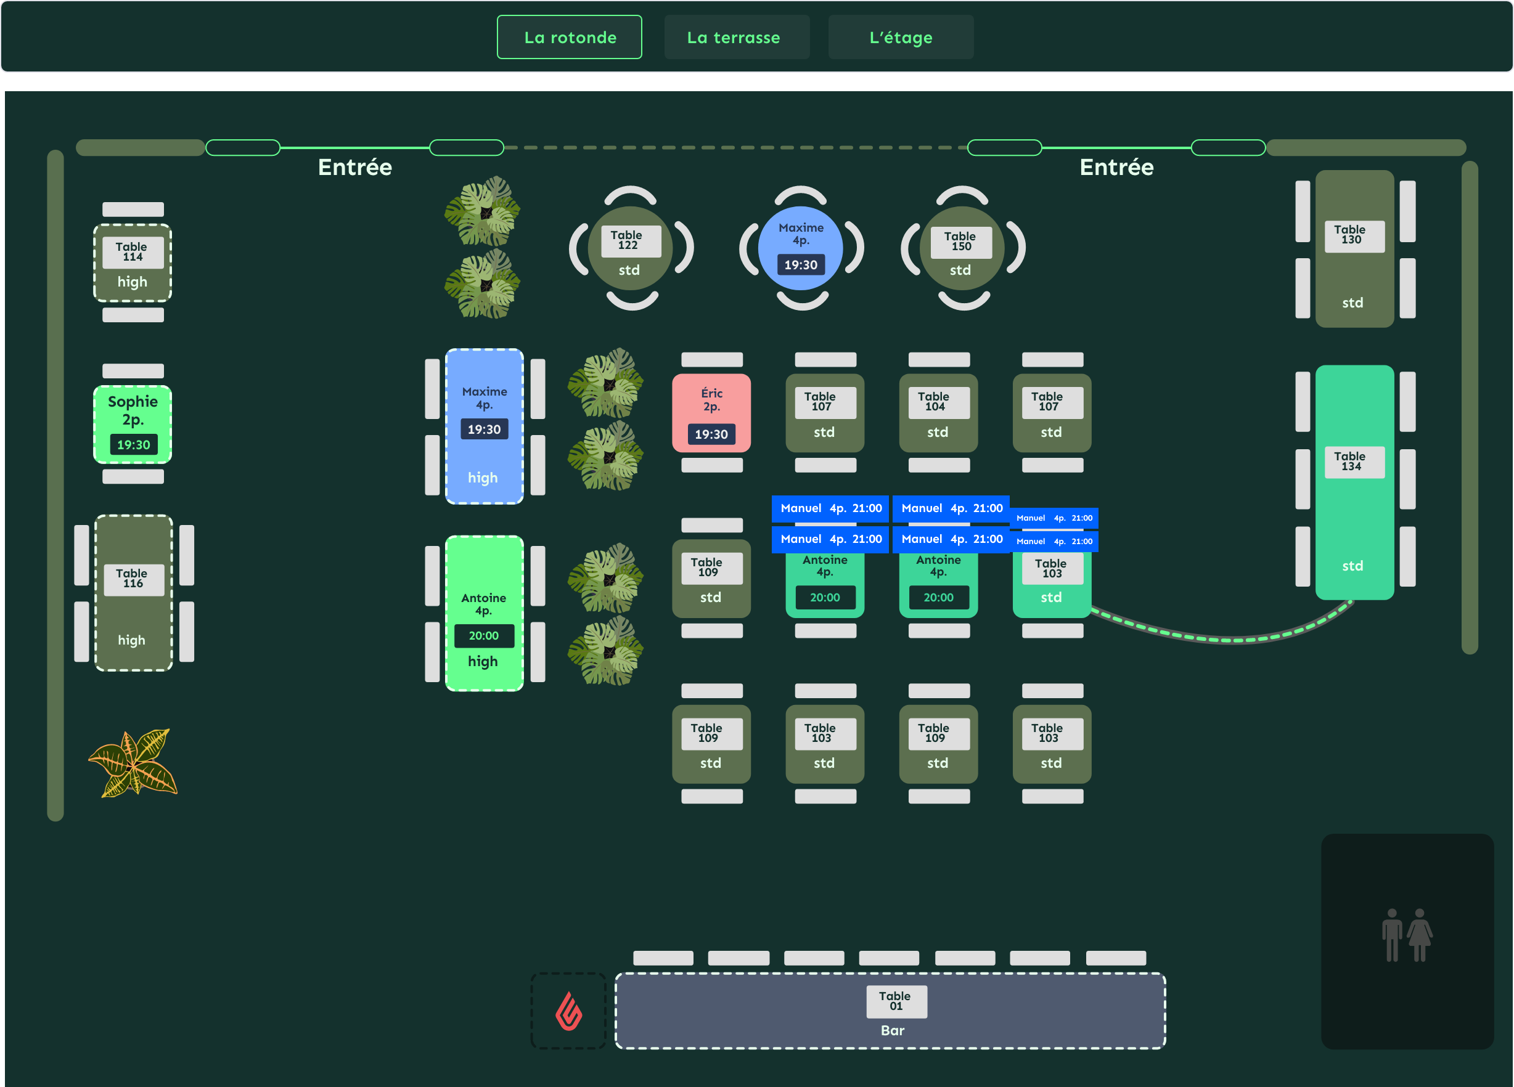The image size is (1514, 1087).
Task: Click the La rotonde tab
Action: (x=570, y=38)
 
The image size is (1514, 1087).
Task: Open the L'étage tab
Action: (x=901, y=38)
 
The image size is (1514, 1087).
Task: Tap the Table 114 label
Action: (x=133, y=252)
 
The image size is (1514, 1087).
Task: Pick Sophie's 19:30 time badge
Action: (x=134, y=444)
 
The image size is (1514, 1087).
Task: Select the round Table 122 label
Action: (x=631, y=241)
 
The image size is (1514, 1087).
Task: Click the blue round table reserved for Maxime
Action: (x=800, y=248)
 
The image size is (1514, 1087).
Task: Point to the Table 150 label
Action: (x=961, y=242)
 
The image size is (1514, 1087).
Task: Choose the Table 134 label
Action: (x=1354, y=462)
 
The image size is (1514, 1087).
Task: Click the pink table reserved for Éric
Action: (x=711, y=413)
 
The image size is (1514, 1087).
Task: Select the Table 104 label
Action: (x=938, y=402)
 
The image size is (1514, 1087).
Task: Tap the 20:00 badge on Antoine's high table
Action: (x=484, y=636)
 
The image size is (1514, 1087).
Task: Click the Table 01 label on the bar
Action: (x=896, y=1001)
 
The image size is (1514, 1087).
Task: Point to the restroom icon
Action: (x=1407, y=935)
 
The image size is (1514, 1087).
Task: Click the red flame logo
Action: (x=569, y=1012)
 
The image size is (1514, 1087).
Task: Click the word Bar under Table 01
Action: (x=893, y=1031)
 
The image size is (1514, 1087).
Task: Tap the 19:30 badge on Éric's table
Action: (x=711, y=434)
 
